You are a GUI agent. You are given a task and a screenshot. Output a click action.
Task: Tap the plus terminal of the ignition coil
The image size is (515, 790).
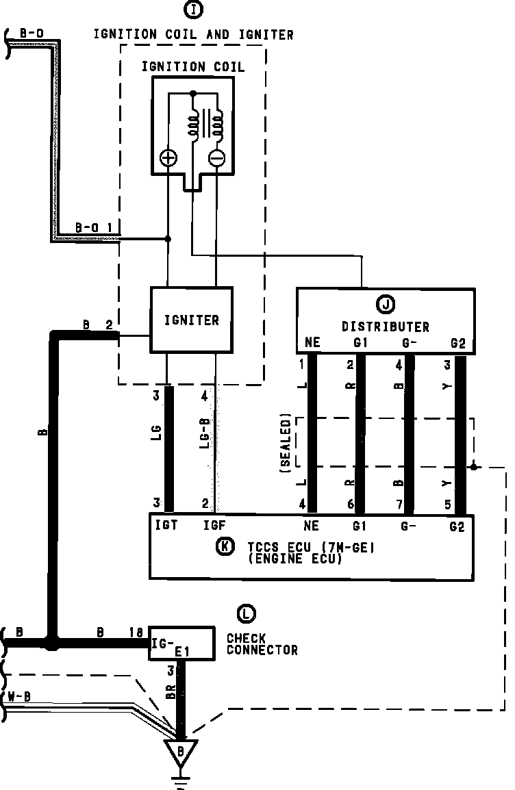(168, 159)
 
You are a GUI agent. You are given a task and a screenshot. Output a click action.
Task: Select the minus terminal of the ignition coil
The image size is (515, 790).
(216, 159)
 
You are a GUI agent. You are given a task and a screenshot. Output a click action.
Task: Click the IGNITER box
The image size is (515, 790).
(191, 320)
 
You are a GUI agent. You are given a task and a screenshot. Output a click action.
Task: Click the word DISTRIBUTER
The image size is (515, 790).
(386, 327)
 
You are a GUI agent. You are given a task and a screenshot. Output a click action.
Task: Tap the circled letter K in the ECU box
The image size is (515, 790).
(223, 546)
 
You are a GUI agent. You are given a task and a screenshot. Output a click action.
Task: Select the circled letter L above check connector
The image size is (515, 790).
(244, 613)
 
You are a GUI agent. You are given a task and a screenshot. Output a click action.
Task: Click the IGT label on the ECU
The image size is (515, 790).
(166, 526)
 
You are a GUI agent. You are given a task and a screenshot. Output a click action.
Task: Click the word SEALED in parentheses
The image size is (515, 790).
(286, 442)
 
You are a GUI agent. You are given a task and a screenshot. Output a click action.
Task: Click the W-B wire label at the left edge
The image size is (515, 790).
(18, 698)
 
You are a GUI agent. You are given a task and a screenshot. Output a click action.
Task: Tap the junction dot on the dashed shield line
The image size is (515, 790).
(473, 467)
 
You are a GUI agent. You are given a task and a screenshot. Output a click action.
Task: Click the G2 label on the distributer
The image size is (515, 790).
(458, 344)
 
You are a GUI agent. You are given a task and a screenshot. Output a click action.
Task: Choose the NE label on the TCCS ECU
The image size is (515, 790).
(312, 526)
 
